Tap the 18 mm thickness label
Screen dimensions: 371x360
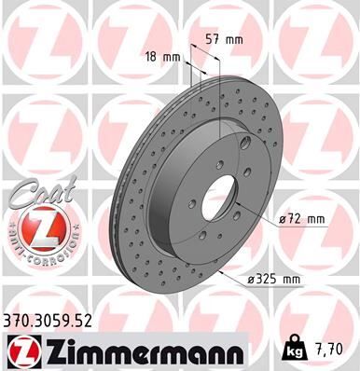(164, 57)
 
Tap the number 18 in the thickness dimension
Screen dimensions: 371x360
(152, 57)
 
